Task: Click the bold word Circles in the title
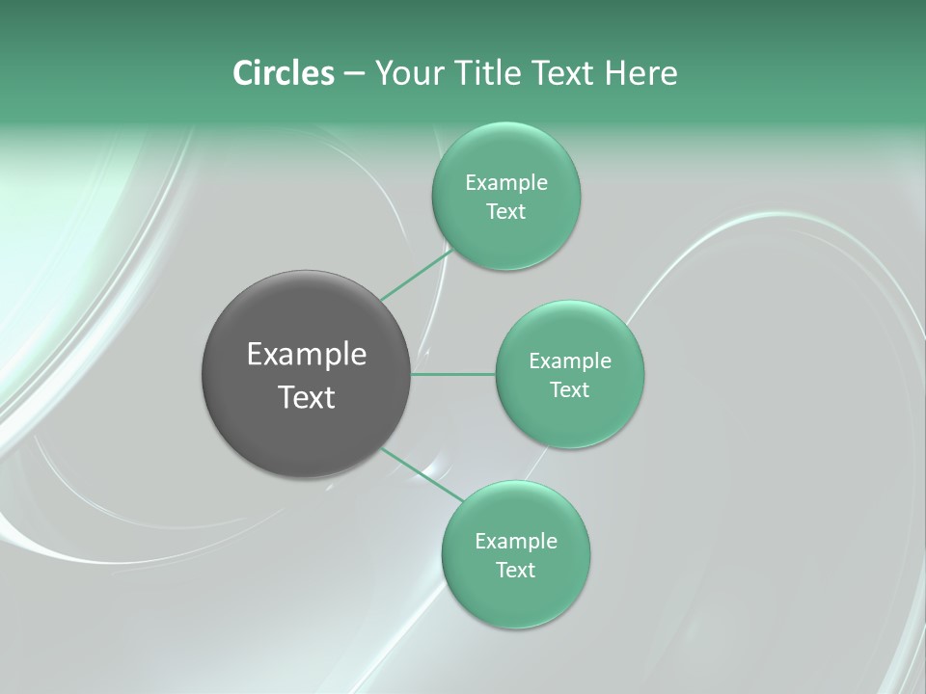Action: (283, 72)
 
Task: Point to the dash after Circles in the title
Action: (353, 73)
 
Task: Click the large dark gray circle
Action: (306, 434)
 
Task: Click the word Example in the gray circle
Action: (307, 355)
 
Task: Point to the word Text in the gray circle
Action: (307, 397)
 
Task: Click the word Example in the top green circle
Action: (506, 182)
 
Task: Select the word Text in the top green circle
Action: (505, 211)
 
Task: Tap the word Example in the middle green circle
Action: (570, 360)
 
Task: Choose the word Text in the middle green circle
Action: (570, 389)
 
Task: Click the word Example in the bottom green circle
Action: (516, 541)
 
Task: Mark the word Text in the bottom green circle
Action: (515, 570)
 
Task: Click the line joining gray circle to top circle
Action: (416, 276)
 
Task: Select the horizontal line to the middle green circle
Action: (453, 374)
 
